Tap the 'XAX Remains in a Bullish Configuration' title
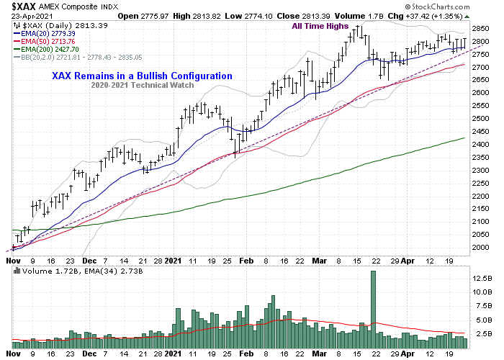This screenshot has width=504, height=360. pyautogui.click(x=142, y=76)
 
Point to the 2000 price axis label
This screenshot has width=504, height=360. pyautogui.click(x=483, y=248)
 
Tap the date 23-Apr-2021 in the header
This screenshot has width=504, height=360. pyautogui.click(x=26, y=15)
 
